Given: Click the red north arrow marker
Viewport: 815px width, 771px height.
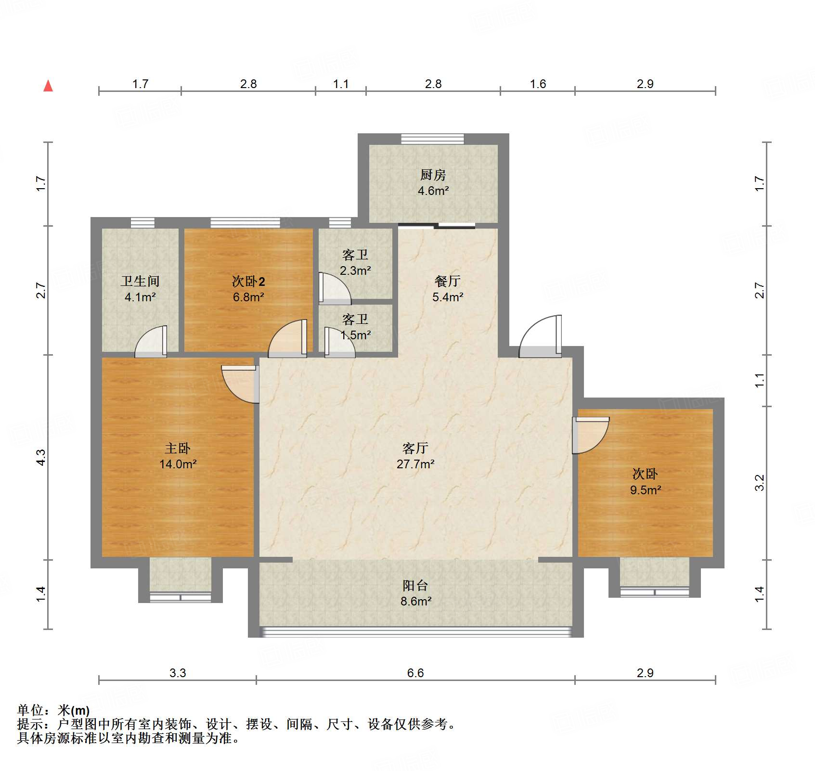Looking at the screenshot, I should (48, 86).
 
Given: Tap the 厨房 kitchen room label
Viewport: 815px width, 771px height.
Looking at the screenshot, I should (433, 175).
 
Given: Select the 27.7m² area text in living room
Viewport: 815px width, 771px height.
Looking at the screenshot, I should (415, 464).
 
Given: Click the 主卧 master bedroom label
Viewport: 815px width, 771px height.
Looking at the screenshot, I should (178, 448).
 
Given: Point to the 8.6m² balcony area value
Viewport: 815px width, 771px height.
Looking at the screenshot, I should (415, 601).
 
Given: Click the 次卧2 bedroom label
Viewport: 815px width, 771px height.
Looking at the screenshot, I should (248, 281).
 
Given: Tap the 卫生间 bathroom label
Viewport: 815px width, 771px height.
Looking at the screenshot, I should (140, 281).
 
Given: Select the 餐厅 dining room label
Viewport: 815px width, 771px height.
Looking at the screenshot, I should (447, 281).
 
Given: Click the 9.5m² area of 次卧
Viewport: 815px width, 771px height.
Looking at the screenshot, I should (645, 490).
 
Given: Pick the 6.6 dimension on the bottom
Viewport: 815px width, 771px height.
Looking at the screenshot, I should (415, 673).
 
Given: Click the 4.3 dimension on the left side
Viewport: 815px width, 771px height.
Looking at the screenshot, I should (41, 457).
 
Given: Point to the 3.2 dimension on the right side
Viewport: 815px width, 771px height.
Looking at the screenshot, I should (759, 482).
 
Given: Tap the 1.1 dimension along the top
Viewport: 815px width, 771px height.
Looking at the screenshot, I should (340, 84).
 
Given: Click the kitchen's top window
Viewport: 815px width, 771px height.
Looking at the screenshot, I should (432, 139).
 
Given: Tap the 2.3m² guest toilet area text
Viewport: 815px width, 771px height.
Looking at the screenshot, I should (355, 271).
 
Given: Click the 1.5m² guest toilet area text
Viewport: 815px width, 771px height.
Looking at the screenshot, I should (356, 335).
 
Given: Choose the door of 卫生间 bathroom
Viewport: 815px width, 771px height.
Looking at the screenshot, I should (151, 342).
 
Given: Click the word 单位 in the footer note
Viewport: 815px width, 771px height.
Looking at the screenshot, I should (30, 710).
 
